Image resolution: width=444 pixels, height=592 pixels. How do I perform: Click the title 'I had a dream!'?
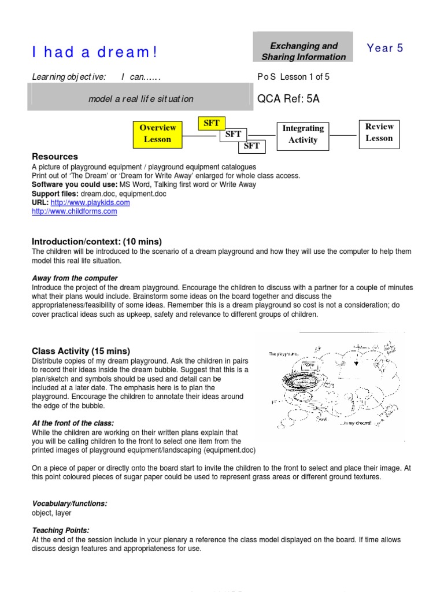pyautogui.click(x=94, y=53)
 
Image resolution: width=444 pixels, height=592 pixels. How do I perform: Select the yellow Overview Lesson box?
pyautogui.click(x=157, y=133)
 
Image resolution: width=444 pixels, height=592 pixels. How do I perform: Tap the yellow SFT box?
pyautogui.click(x=212, y=123)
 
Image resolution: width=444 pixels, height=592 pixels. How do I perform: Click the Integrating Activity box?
pyautogui.click(x=303, y=134)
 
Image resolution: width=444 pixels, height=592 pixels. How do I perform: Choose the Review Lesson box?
pyautogui.click(x=379, y=132)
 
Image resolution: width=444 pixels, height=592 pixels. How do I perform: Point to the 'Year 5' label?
pyautogui.click(x=385, y=49)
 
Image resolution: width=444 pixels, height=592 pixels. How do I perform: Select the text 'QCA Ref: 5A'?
pyautogui.click(x=288, y=99)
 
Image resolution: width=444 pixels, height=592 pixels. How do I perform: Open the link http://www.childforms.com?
pyautogui.click(x=74, y=212)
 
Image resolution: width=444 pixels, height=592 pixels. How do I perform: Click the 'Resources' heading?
pyautogui.click(x=55, y=157)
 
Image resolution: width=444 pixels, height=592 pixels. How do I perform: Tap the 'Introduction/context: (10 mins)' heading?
pyautogui.click(x=97, y=241)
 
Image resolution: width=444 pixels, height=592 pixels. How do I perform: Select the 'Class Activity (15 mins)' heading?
pyautogui.click(x=81, y=351)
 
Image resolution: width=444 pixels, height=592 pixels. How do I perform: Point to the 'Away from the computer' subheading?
pyautogui.click(x=75, y=278)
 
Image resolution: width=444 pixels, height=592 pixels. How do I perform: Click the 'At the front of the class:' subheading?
pyautogui.click(x=73, y=423)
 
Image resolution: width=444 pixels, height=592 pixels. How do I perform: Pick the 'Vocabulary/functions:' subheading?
pyautogui.click(x=69, y=504)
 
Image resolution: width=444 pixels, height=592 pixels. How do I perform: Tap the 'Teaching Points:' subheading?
pyautogui.click(x=61, y=530)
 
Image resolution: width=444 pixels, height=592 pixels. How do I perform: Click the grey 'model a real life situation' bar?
pyautogui.click(x=140, y=99)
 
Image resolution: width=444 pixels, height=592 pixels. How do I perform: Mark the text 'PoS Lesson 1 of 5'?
pyautogui.click(x=293, y=77)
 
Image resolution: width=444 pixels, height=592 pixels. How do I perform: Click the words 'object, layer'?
pyautogui.click(x=51, y=513)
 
